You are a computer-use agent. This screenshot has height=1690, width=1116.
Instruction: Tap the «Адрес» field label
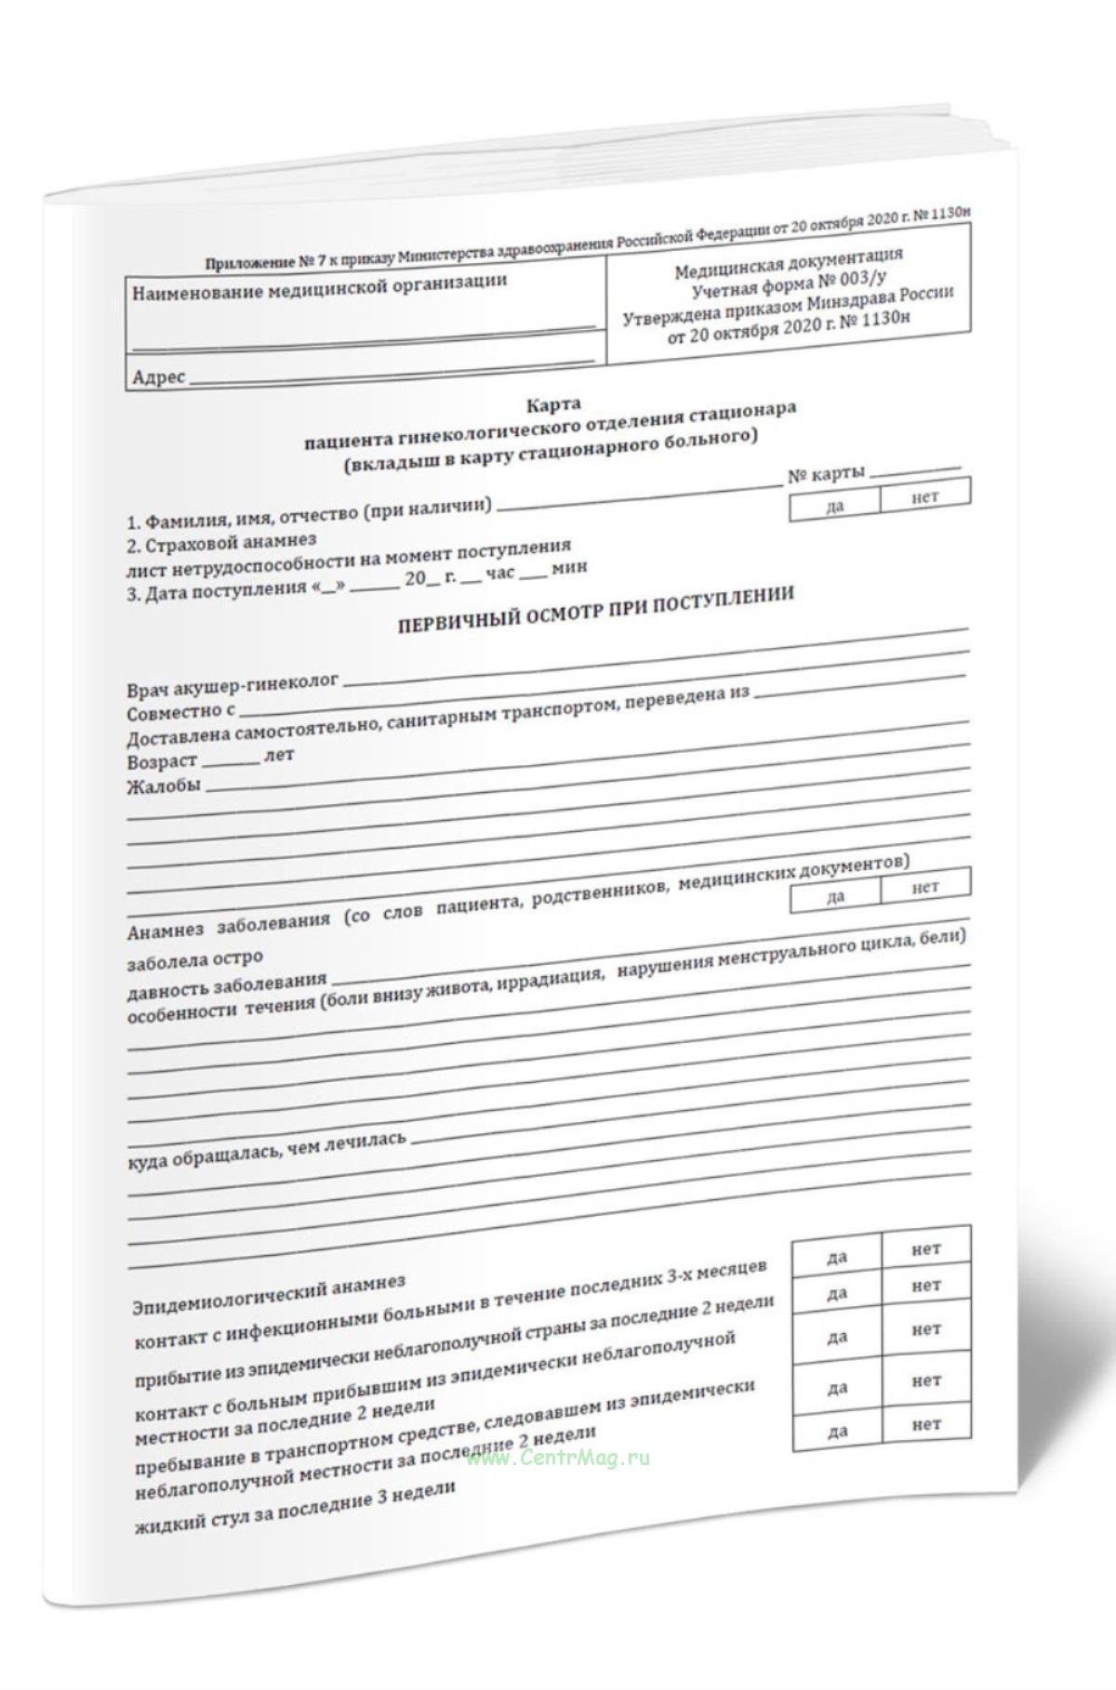point(159,378)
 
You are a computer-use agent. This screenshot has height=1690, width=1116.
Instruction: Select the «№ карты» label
point(826,474)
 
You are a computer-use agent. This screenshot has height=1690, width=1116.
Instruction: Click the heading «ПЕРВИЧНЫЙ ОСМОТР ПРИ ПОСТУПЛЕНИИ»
point(596,609)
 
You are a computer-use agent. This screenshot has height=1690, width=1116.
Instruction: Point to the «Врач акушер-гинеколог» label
point(232,684)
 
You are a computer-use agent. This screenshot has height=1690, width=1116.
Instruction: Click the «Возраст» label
point(162,761)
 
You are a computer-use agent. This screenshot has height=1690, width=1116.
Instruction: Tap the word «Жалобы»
point(163,786)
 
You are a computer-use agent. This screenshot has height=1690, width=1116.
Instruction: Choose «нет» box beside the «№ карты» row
point(925,496)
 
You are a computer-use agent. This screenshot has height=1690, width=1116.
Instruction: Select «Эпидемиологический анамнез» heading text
point(270,1287)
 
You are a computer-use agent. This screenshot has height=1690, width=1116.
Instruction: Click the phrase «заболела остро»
point(195,957)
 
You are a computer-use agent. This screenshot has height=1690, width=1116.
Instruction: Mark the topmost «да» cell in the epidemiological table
point(837,1257)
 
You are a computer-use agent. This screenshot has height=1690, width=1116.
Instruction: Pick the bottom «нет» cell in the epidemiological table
point(926,1423)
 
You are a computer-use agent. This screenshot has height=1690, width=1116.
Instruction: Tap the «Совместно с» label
point(180,712)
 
